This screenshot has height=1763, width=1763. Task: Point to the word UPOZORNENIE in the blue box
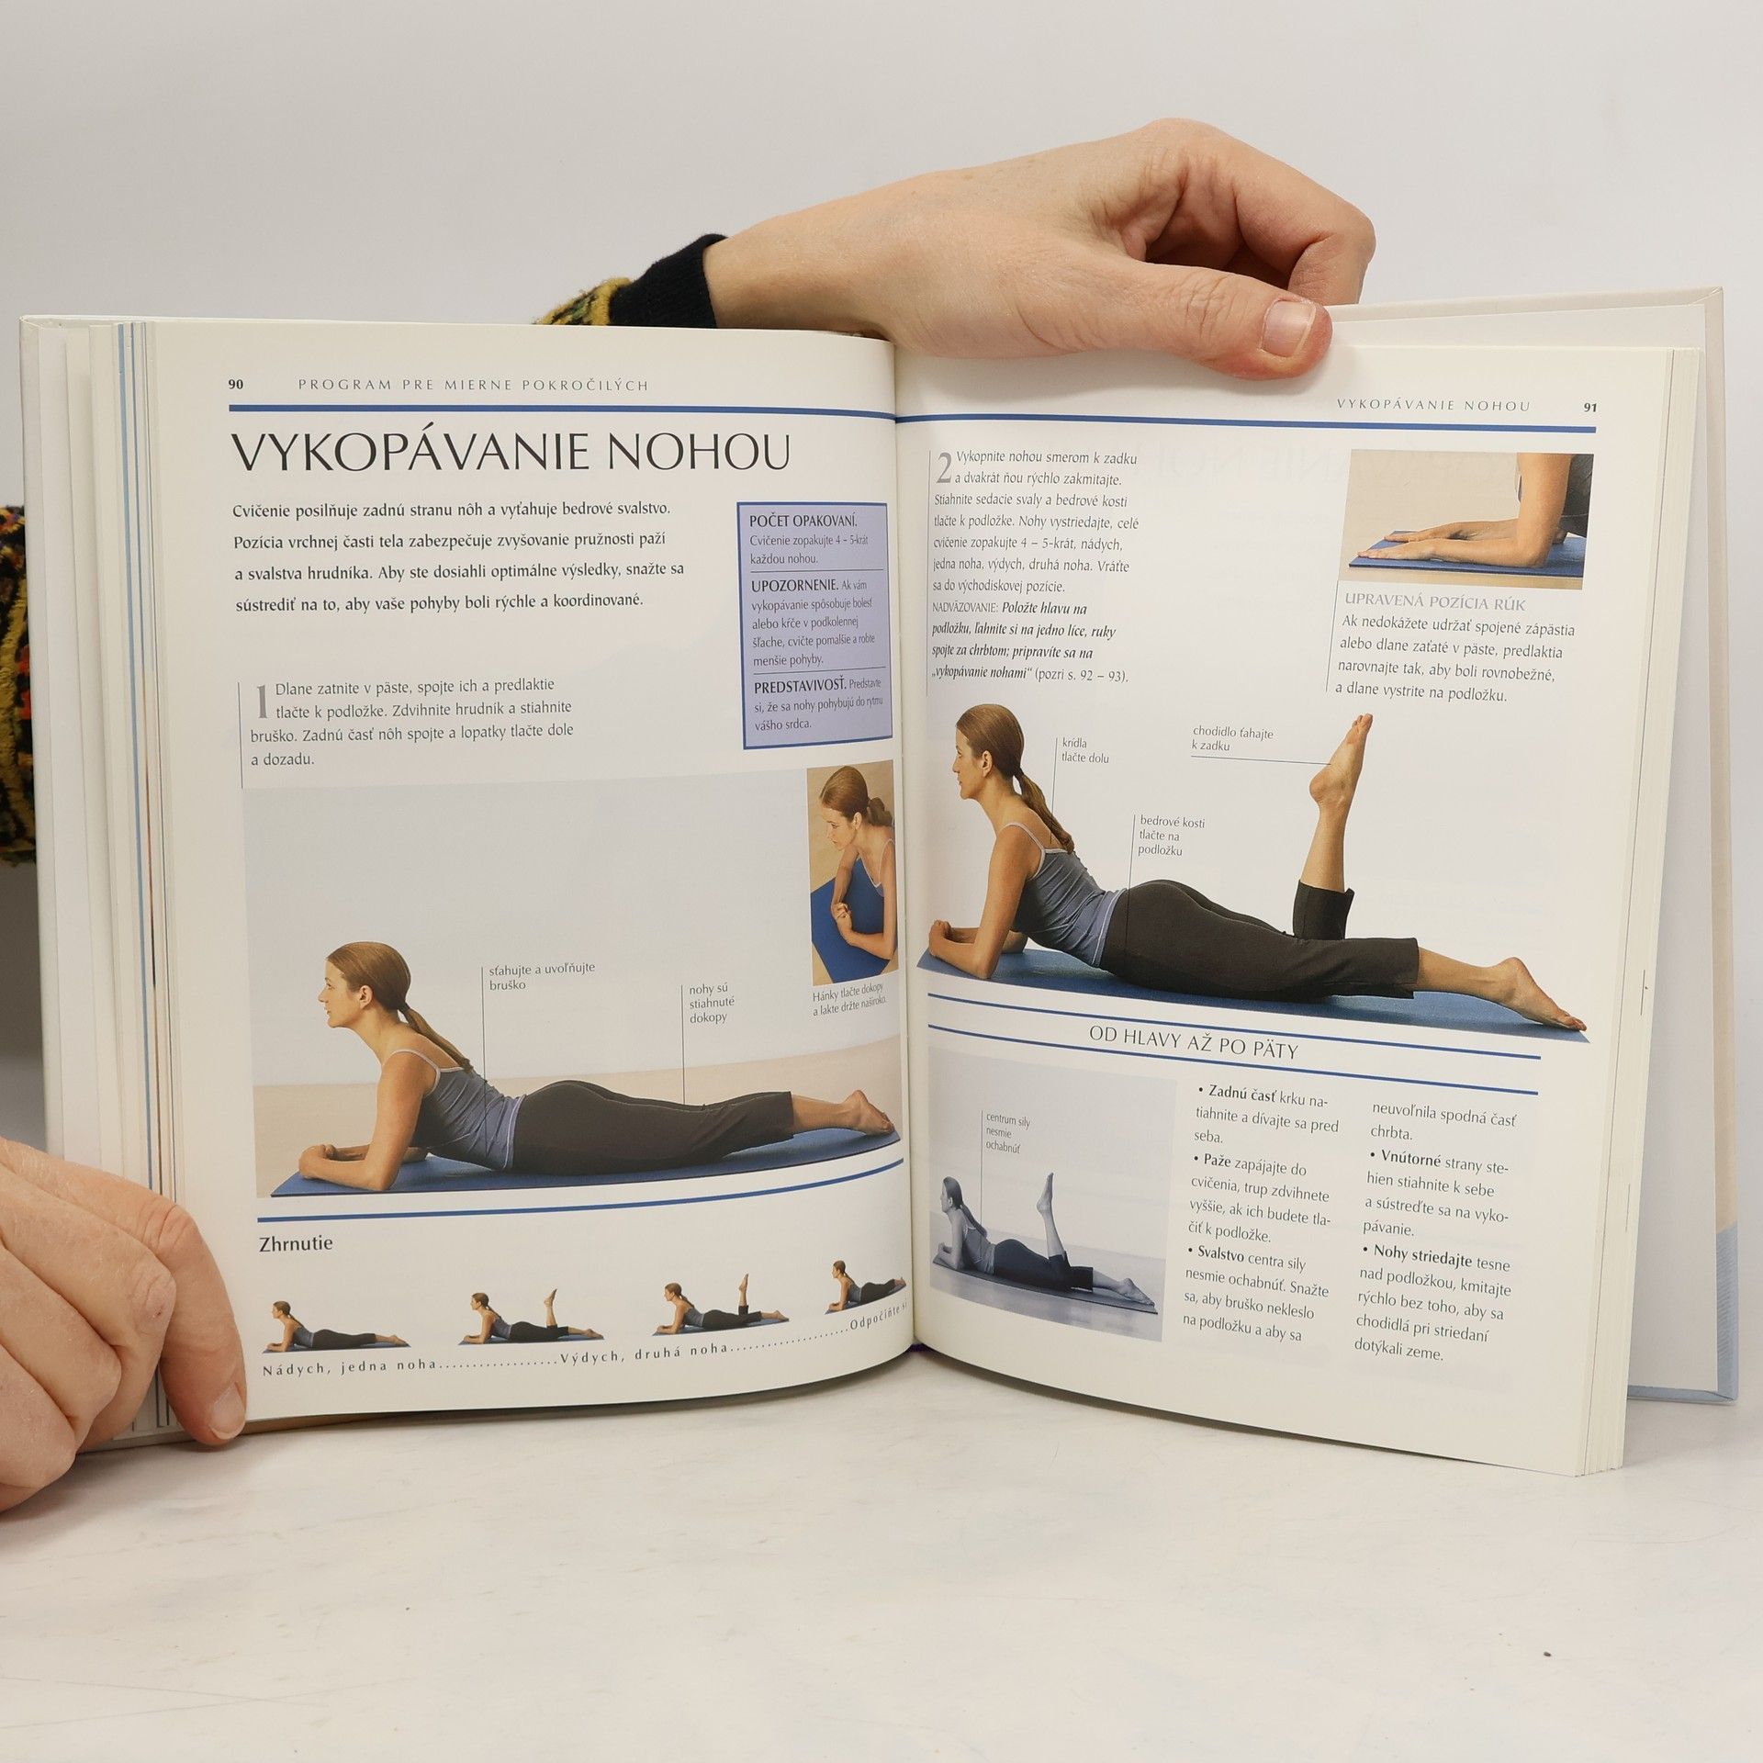click(793, 585)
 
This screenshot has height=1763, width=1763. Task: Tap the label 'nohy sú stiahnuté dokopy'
click(708, 1003)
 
